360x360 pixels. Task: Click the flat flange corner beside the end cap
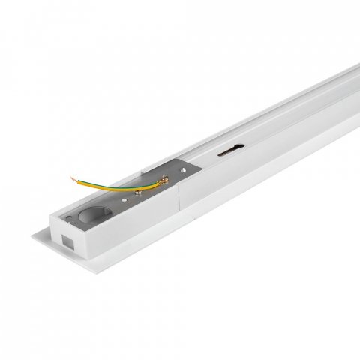(39, 239)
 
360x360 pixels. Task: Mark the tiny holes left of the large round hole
(70, 217)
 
